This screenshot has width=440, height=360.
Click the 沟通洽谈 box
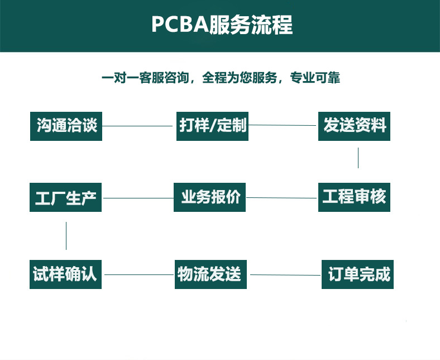click(66, 126)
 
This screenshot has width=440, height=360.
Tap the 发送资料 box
click(355, 126)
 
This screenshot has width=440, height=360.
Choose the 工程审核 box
click(355, 197)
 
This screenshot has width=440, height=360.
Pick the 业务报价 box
click(210, 197)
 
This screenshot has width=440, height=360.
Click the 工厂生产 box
click(66, 197)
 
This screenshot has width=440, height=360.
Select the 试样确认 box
click(65, 274)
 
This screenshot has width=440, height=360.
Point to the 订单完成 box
click(358, 274)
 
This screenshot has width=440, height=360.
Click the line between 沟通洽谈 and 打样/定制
click(138, 126)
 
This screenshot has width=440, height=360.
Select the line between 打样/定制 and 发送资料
click(283, 125)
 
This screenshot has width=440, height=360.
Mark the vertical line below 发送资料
click(358, 158)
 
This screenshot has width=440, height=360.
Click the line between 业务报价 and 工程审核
click(282, 197)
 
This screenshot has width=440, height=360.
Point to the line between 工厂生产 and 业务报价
click(138, 197)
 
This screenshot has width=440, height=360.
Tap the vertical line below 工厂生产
click(66, 235)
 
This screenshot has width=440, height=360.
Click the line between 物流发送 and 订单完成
click(285, 274)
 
